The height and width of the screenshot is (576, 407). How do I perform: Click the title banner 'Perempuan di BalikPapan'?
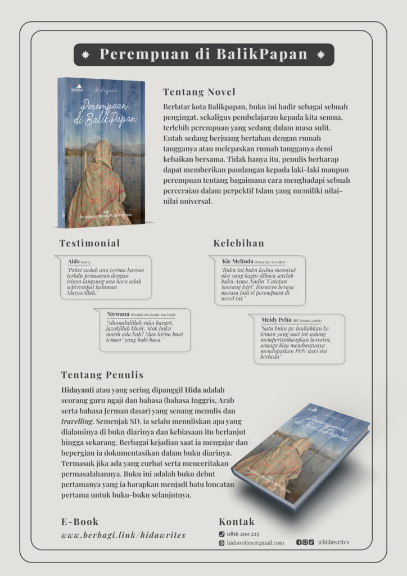coord(203,55)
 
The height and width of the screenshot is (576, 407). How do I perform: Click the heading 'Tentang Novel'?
coord(199,92)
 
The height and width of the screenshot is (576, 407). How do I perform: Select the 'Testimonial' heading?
coord(89,243)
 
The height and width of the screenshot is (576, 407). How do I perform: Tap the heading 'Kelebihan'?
coord(239,243)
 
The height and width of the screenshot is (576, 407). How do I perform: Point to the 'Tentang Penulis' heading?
coord(102,375)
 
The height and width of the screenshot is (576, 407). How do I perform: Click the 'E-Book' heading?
coord(80,521)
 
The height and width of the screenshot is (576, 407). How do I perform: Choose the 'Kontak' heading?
coord(237,521)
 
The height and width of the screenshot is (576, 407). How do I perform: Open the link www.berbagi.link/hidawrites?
coord(123,535)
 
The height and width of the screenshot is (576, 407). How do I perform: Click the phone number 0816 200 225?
coord(243,533)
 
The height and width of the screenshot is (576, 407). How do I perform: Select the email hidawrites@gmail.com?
coord(255,543)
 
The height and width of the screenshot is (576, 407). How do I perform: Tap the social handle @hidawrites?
coord(333,542)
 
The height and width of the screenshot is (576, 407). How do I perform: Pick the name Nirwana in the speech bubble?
coord(119,314)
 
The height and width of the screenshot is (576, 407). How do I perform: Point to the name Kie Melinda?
coord(237,262)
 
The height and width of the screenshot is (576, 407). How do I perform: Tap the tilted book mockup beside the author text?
coord(301,456)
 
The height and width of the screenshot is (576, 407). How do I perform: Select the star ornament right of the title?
coord(321,55)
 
